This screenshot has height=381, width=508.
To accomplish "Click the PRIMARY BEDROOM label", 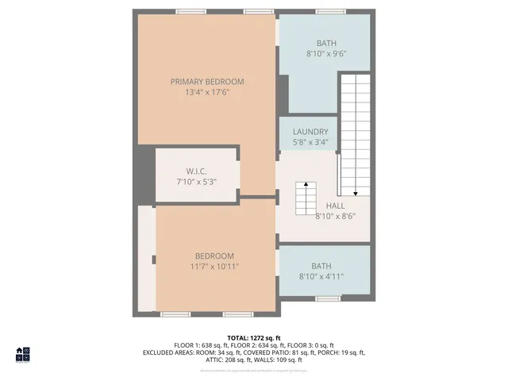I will click(207, 82).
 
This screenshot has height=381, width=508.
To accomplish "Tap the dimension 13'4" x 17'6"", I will click(207, 93).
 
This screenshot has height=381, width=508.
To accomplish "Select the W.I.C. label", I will click(197, 171).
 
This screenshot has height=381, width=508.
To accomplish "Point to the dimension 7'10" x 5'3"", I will click(197, 182).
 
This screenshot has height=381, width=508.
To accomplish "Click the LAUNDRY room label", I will click(310, 132).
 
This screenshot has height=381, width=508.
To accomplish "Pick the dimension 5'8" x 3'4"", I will click(310, 143).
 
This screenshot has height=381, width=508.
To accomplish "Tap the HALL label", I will click(334, 205).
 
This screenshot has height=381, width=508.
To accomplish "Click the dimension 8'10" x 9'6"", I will click(326, 54).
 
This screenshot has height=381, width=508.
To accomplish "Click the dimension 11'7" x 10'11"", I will click(214, 267).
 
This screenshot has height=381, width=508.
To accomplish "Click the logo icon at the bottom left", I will click(23, 354).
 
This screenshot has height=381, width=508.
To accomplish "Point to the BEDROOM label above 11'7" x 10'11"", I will click(214, 256).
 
